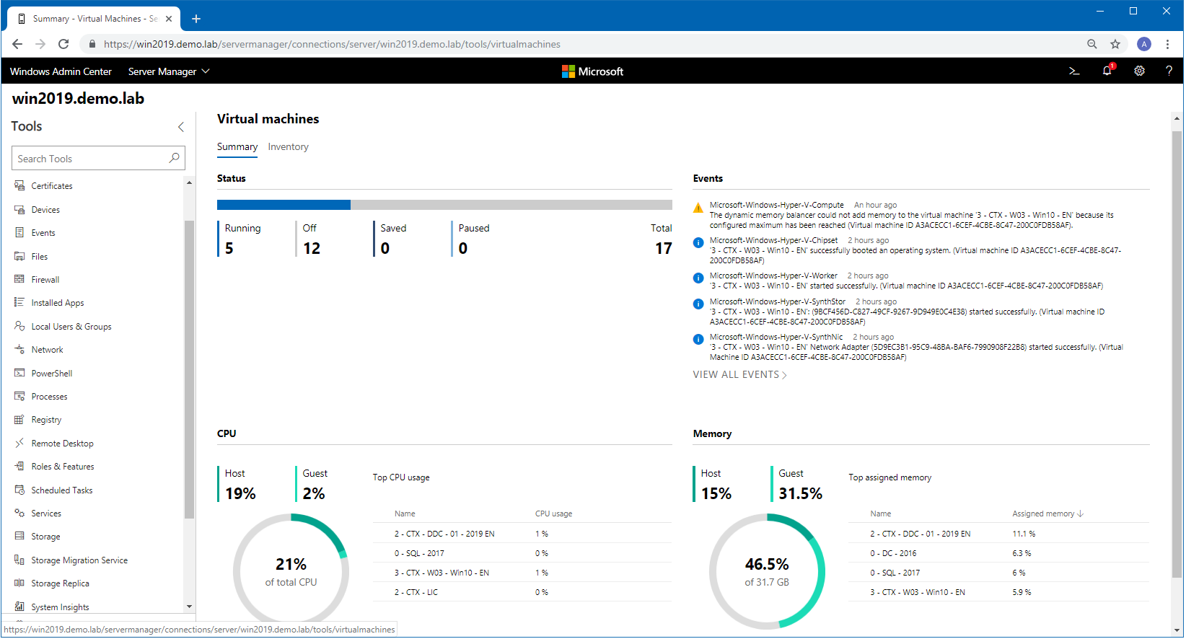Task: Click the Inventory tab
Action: (x=288, y=147)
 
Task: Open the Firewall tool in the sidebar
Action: (x=45, y=280)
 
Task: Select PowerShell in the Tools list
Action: (x=51, y=374)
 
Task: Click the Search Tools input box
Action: (x=91, y=159)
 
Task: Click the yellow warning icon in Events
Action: (x=698, y=208)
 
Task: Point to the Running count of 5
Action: (x=229, y=249)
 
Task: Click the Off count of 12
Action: (x=312, y=249)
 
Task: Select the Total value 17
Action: (x=663, y=249)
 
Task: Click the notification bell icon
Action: (x=1107, y=71)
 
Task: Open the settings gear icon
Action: (x=1139, y=71)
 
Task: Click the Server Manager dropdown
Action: (x=169, y=71)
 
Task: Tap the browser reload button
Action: (x=63, y=44)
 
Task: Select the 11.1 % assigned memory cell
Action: (x=1024, y=534)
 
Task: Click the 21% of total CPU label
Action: (x=291, y=572)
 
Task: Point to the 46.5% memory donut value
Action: (x=767, y=565)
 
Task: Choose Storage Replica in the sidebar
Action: (x=60, y=583)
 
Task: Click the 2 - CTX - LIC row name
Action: (x=416, y=593)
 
